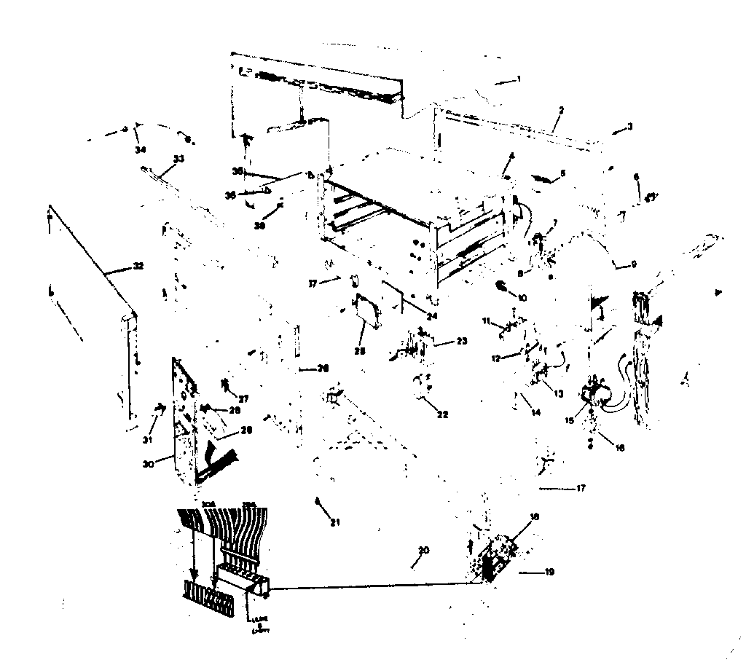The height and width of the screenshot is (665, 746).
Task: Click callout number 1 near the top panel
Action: click(x=518, y=78)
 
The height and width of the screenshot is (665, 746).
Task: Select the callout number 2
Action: click(x=561, y=111)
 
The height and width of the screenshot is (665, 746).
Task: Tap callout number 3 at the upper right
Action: click(x=629, y=127)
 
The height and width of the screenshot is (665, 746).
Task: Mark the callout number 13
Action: click(x=559, y=394)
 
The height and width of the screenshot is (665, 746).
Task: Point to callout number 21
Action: click(x=335, y=521)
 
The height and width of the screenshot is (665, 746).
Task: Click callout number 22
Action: click(x=441, y=414)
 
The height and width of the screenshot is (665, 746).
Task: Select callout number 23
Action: click(x=460, y=340)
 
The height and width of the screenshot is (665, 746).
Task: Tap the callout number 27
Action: click(x=244, y=398)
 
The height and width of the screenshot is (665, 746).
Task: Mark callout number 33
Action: click(x=178, y=159)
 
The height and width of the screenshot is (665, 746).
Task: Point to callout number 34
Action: click(x=139, y=149)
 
